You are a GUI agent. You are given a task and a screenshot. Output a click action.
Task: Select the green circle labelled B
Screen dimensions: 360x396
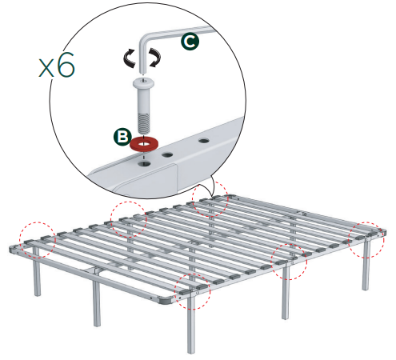tap(122, 137)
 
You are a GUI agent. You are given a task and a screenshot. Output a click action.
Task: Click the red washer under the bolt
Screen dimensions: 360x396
tap(145, 144)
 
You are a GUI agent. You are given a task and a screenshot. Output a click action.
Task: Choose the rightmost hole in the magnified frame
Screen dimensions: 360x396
tap(203, 140)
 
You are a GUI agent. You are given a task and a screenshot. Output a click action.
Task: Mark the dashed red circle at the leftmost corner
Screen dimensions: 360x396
tap(34, 242)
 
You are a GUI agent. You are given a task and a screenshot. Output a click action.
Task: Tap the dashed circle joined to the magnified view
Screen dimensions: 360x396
tap(210, 200)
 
